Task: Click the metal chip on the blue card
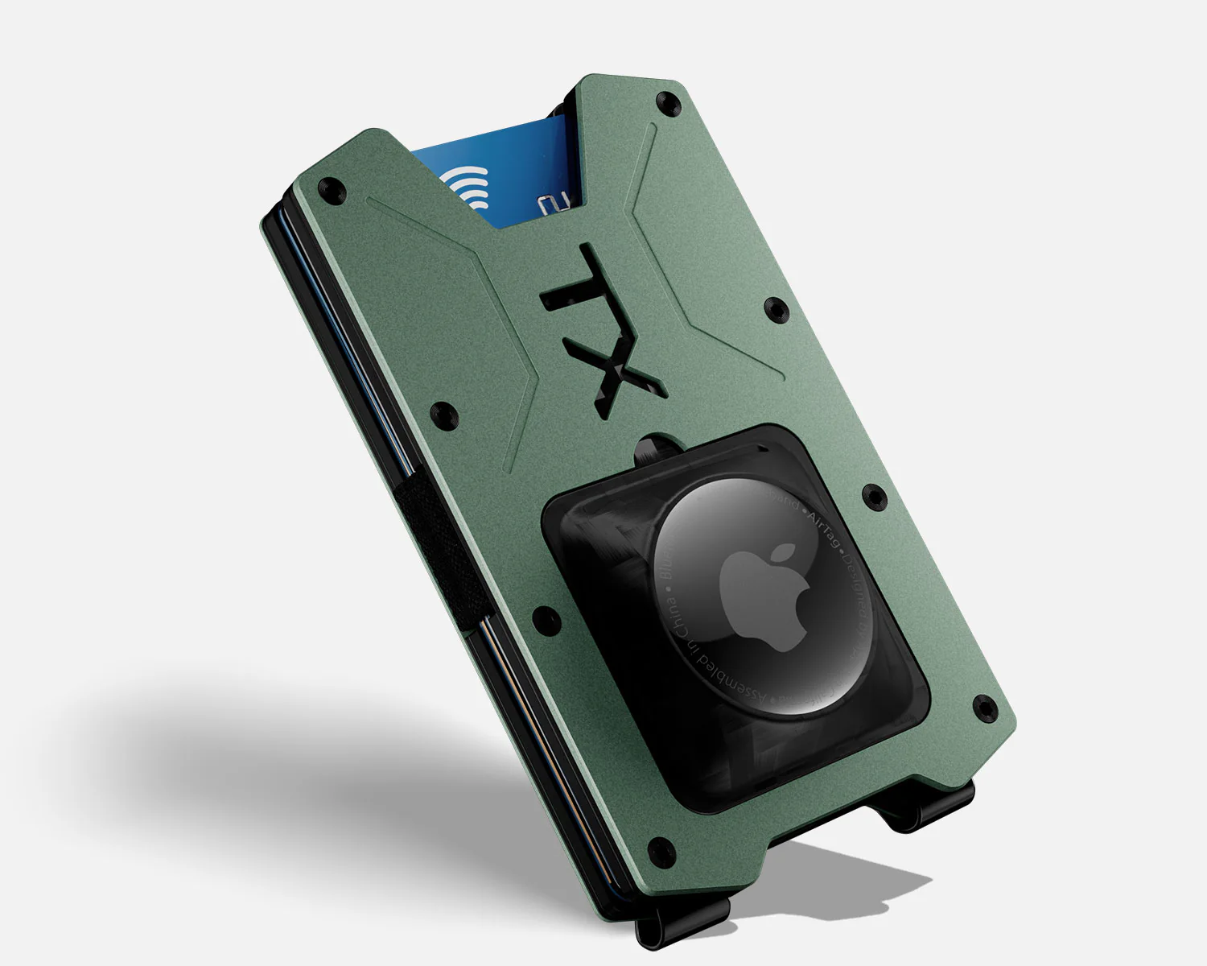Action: tap(555, 205)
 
